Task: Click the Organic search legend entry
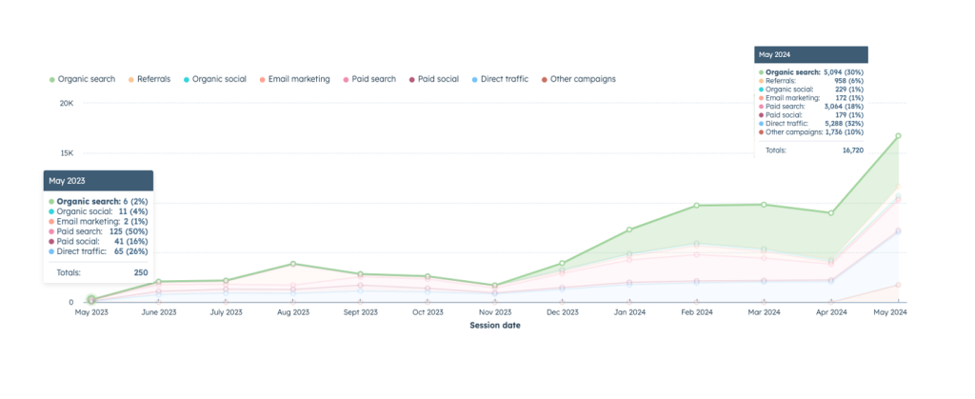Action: pos(85,79)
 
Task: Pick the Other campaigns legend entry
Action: pos(582,79)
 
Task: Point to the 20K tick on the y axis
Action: pos(67,103)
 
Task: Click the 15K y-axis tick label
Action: pos(67,153)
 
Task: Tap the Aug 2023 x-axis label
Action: pos(293,312)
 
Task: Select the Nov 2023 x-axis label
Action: pos(495,312)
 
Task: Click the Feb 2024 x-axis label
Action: pos(697,312)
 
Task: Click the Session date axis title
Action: pos(495,326)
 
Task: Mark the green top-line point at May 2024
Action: pos(898,136)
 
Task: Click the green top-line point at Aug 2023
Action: pos(293,264)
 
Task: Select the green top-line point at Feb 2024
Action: pos(697,206)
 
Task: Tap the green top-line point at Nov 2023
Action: pos(495,286)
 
